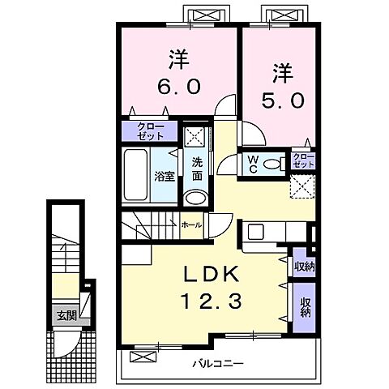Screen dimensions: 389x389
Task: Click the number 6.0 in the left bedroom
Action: tap(179, 87)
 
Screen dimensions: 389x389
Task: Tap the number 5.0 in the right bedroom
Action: tap(283, 100)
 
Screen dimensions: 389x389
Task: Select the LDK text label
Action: tap(212, 274)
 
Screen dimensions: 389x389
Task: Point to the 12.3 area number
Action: tap(212, 301)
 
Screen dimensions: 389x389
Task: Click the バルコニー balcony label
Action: tap(218, 364)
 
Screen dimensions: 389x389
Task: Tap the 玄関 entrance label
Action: tap(67, 315)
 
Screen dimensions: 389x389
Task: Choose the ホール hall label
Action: tap(191, 224)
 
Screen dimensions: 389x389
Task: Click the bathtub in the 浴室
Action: tap(136, 174)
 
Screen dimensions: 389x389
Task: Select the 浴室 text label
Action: tap(165, 177)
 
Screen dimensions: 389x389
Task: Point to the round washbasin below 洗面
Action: tap(196, 198)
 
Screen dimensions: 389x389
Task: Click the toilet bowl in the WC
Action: tap(272, 164)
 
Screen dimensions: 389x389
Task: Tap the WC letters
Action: tap(253, 165)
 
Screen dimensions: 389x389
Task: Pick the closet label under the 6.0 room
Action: tap(150, 131)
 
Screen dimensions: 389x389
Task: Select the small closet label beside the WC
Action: tap(304, 160)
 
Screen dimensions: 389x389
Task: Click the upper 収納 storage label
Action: tap(305, 267)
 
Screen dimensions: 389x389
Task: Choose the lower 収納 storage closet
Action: tap(305, 307)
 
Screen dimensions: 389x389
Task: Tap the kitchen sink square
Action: tap(256, 232)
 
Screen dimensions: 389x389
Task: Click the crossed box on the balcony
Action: tap(143, 357)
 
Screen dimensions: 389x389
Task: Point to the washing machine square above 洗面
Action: tap(194, 137)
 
